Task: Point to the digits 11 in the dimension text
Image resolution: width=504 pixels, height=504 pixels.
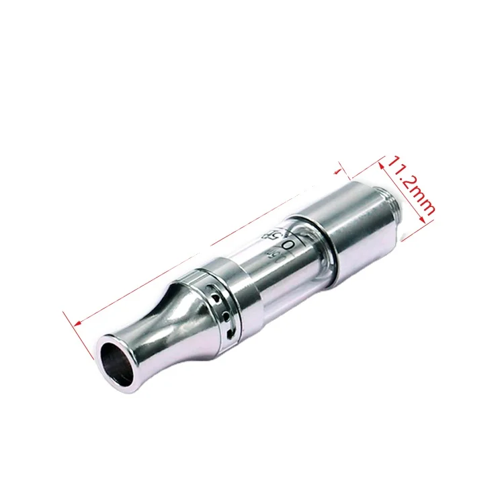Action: [x=398, y=168]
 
